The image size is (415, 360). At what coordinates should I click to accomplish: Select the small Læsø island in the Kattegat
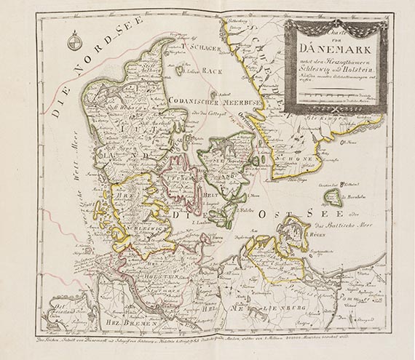pyautogui.click(x=178, y=71)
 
